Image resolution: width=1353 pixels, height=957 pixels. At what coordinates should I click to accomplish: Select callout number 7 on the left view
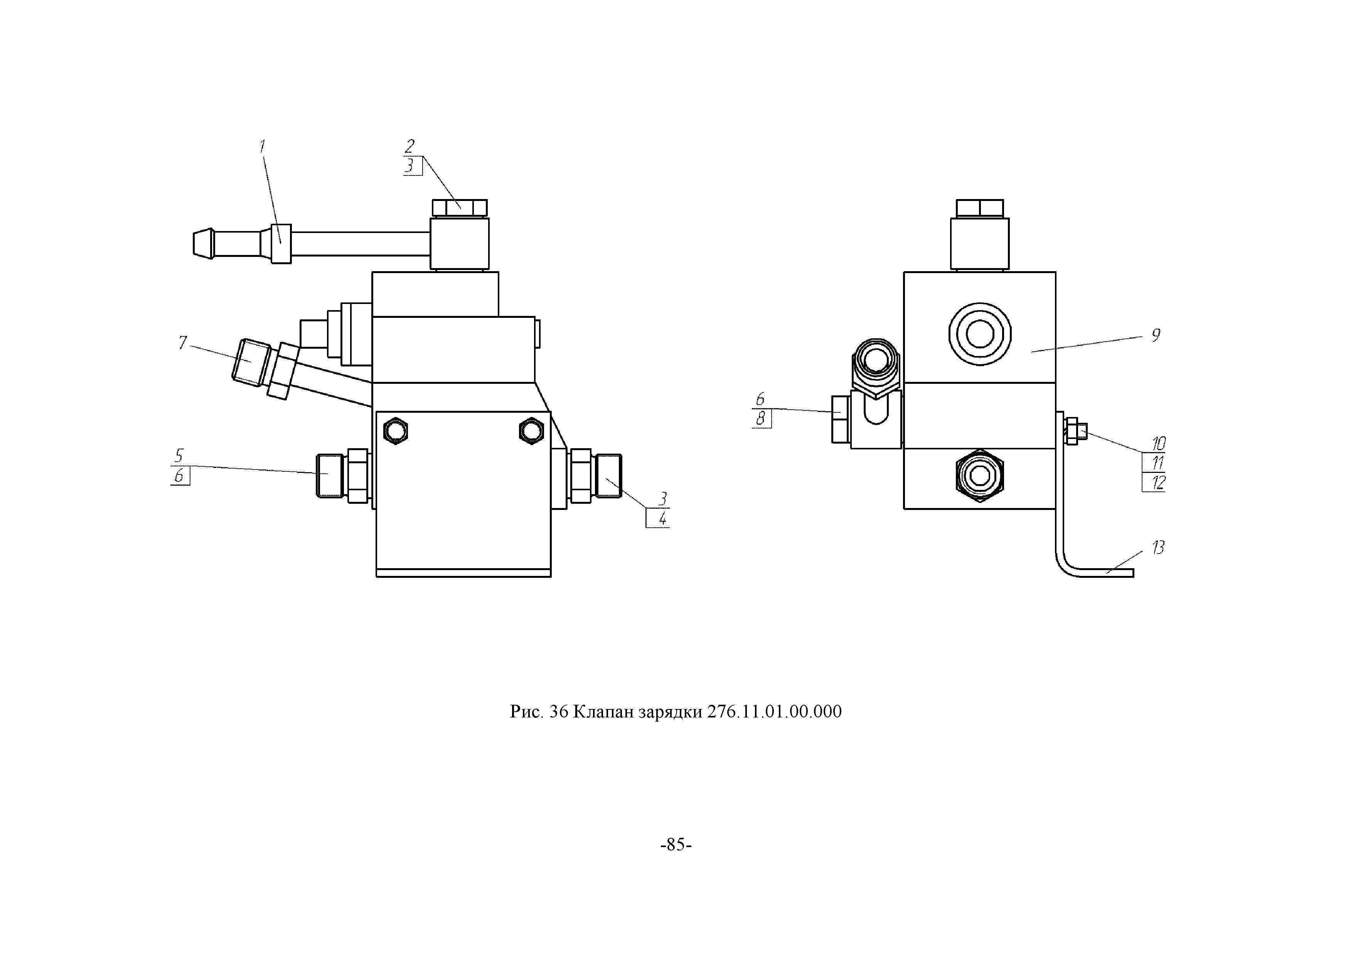coord(183,343)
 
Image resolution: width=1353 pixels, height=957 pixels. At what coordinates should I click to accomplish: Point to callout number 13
coord(1159,548)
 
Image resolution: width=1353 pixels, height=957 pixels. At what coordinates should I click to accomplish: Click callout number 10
coord(1159,444)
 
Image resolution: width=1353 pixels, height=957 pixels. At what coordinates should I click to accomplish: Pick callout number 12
coord(1159,483)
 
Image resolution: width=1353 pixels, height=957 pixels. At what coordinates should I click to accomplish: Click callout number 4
coord(663,519)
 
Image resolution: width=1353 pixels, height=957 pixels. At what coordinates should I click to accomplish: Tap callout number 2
coord(409,146)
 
